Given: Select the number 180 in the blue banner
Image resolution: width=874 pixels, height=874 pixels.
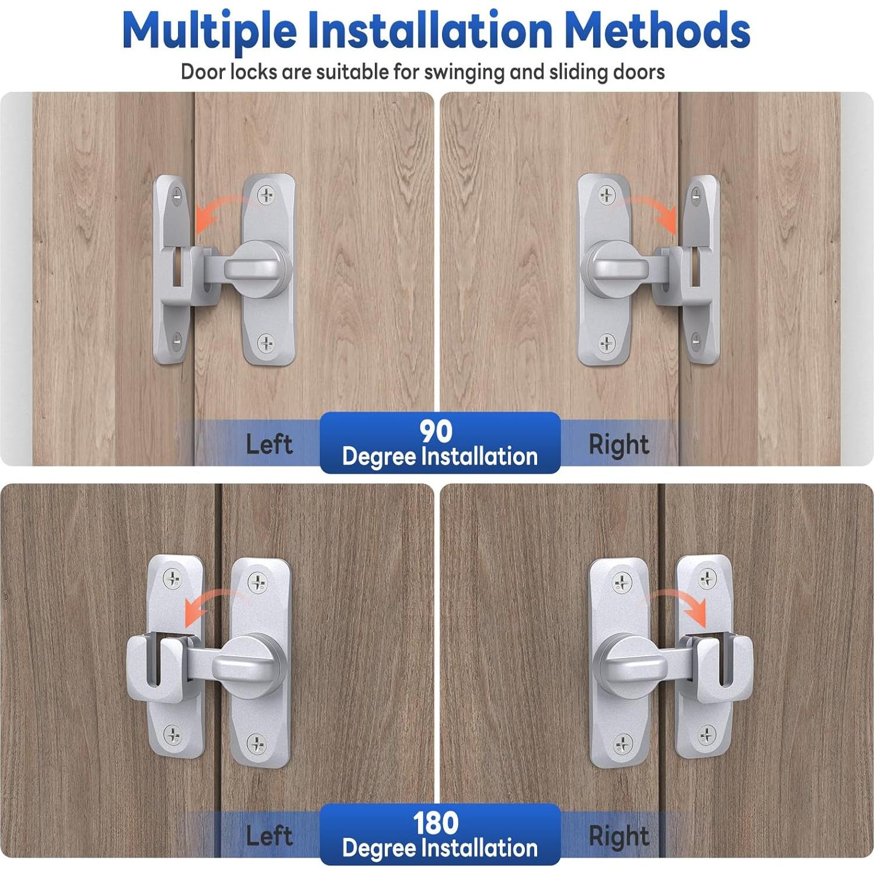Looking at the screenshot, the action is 436,823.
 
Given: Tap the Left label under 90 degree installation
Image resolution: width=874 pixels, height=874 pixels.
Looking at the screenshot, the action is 269,444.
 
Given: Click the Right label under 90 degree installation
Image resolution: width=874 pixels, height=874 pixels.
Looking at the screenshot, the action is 619,445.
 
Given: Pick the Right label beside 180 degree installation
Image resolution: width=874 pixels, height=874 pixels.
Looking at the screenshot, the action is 619,837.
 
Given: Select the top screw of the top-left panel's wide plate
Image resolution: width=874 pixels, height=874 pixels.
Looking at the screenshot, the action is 267,194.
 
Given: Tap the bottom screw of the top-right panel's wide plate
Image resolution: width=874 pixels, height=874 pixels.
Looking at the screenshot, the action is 607,343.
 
